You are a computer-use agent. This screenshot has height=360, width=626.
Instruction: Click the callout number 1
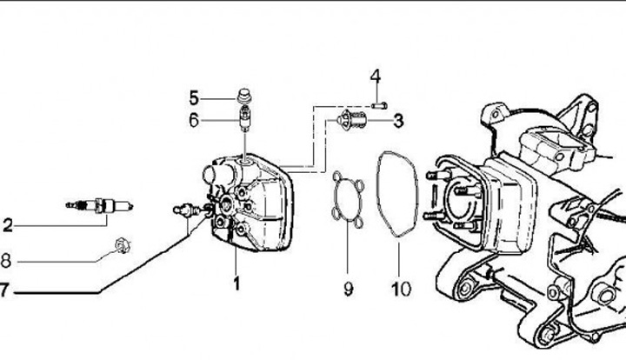236,283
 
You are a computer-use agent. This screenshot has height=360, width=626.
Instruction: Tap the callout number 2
8,225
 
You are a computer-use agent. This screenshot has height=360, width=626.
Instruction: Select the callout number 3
398,121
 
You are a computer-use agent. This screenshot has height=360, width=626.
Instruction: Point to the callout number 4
376,77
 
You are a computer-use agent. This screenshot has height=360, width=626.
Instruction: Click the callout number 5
194,98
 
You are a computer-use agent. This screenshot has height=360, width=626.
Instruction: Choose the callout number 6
194,120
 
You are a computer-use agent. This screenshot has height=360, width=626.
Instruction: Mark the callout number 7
3,290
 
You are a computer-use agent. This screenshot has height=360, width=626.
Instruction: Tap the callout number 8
5,261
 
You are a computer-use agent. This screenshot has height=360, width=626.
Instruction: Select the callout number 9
348,289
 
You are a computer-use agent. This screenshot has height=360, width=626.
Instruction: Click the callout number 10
401,289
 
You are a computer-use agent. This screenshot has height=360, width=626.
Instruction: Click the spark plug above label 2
99,206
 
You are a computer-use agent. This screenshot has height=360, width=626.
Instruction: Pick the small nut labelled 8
123,245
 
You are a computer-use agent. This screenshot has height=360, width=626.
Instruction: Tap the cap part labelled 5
243,97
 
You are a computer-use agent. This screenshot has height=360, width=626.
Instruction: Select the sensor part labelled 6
244,119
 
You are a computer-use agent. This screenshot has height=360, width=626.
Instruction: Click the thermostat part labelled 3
351,119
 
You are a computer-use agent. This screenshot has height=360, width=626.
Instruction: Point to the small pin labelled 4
379,106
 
